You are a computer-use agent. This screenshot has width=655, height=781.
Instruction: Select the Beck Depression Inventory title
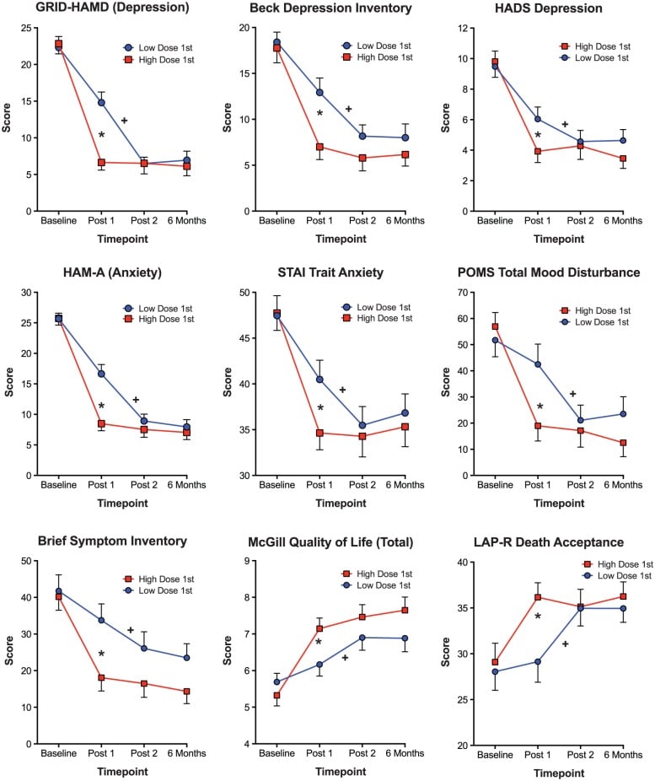click(x=319, y=8)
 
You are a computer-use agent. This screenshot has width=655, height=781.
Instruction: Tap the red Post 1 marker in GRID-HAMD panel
click(x=101, y=162)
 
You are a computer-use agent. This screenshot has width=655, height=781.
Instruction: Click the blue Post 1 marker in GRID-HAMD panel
click(x=101, y=102)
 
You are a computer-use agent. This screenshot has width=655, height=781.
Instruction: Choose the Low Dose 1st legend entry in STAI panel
click(x=384, y=307)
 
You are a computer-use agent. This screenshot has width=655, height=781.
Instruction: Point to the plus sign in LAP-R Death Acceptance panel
click(x=566, y=644)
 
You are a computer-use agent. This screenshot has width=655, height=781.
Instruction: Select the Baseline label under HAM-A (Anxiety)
click(x=59, y=487)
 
